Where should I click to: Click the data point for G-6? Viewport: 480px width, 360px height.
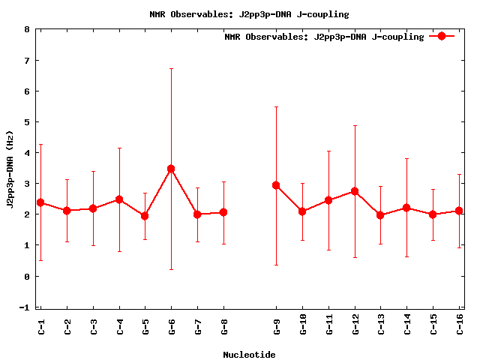[x=171, y=169]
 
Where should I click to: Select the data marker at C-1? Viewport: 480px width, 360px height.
[x=40, y=202]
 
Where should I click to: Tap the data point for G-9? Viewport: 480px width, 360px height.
[x=276, y=185]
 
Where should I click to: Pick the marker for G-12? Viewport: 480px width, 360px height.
[x=355, y=191]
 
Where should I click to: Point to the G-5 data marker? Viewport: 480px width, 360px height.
[x=145, y=216]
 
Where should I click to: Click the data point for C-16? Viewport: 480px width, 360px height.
[x=459, y=211]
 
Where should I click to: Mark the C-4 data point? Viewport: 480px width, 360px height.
[x=118, y=199]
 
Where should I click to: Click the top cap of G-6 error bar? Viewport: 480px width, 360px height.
[x=171, y=69]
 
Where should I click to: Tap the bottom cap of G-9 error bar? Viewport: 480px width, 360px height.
[x=276, y=265]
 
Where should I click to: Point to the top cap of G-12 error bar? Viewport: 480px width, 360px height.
[x=355, y=125]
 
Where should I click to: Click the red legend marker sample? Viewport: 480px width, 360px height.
[x=442, y=36]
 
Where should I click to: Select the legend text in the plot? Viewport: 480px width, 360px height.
[x=324, y=37]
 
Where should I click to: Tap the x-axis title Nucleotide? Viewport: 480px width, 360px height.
[x=249, y=355]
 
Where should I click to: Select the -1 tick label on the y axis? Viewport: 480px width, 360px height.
[x=25, y=307]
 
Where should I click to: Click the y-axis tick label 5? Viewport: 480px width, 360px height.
[x=27, y=122]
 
